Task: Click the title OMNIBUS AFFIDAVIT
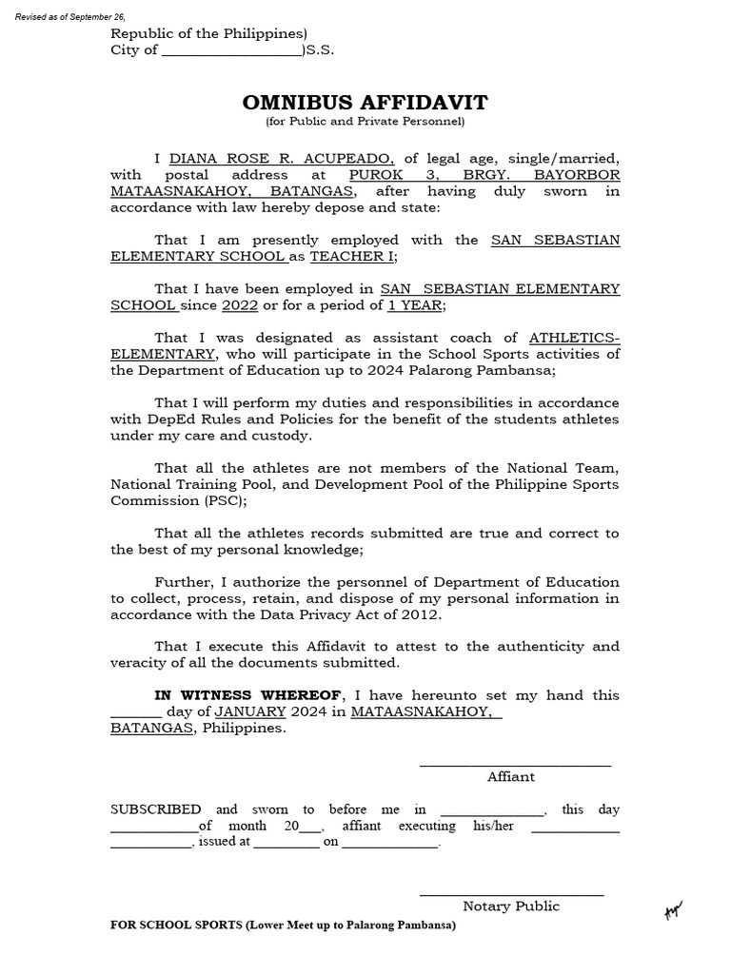[365, 103]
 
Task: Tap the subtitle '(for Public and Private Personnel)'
[365, 122]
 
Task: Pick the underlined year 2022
[240, 305]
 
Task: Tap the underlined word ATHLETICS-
[574, 338]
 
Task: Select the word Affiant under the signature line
[511, 776]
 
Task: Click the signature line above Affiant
[515, 765]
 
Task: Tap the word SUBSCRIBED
[155, 809]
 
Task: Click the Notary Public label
[511, 906]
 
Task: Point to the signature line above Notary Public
[511, 894]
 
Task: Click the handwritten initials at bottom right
[675, 912]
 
